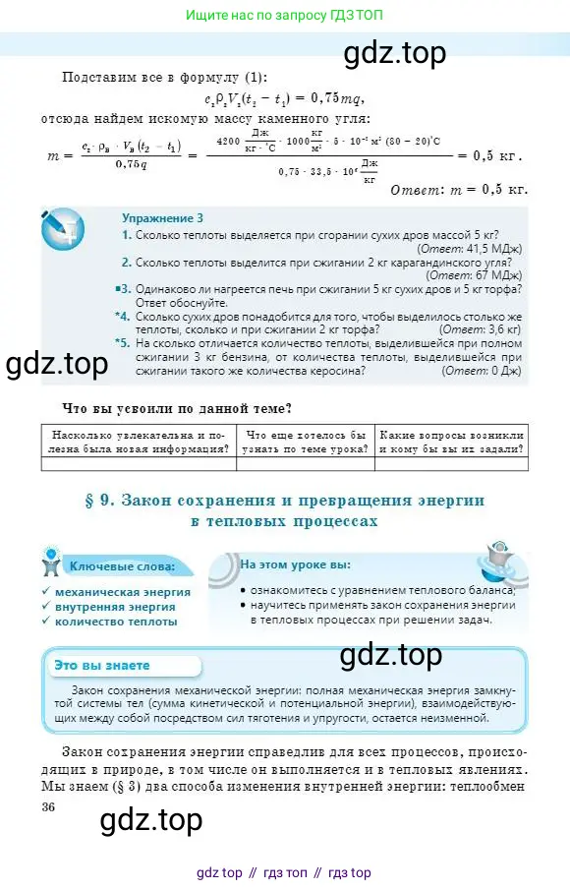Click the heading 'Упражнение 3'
162,217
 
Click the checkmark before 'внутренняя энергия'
46,607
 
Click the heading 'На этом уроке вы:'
295,565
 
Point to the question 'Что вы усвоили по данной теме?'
182,408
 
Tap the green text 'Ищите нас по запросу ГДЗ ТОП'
284,15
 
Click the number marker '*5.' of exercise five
121,343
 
